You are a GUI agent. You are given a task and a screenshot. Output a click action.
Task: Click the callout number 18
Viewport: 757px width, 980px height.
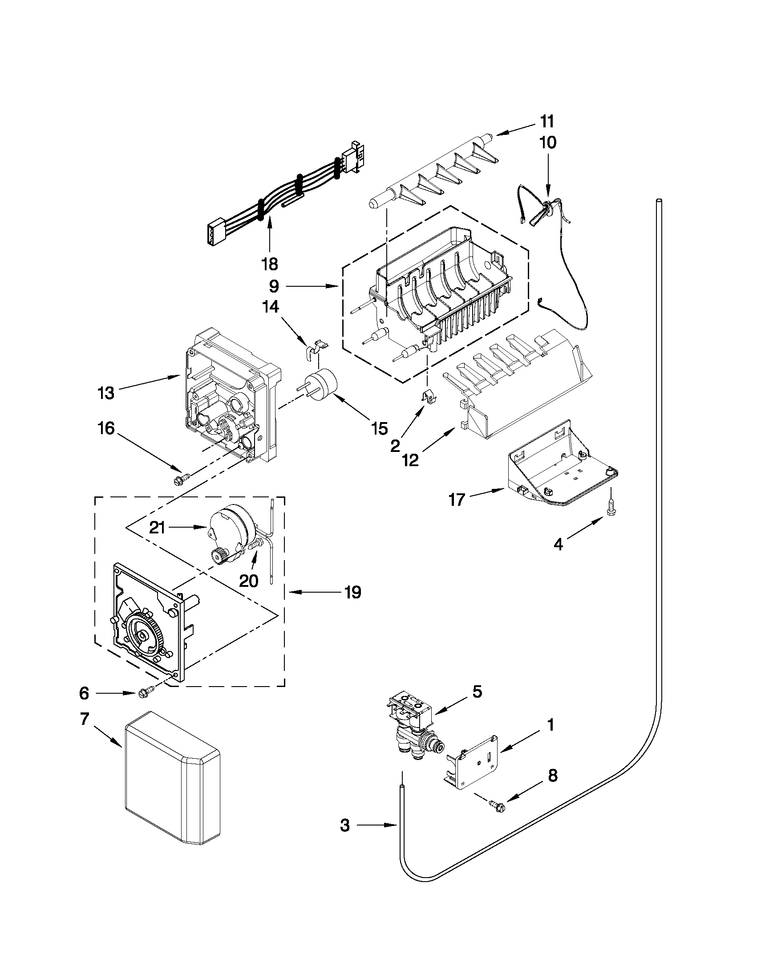pyautogui.click(x=270, y=264)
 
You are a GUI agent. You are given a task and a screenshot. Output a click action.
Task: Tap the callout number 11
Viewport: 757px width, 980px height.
pyautogui.click(x=546, y=121)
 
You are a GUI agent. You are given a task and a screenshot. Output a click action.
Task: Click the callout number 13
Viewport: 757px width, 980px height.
pyautogui.click(x=106, y=393)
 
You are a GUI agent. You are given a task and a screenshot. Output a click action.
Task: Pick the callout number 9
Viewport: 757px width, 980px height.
pyautogui.click(x=274, y=286)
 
